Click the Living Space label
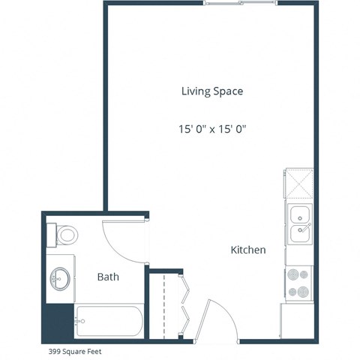[x=212, y=91]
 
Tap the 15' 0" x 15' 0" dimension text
[x=212, y=129]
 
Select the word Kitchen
[x=247, y=250]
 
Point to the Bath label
[x=108, y=277]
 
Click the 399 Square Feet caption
[x=74, y=351]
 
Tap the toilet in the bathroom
[x=66, y=235]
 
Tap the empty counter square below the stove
[x=298, y=320]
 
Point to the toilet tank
[x=52, y=235]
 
